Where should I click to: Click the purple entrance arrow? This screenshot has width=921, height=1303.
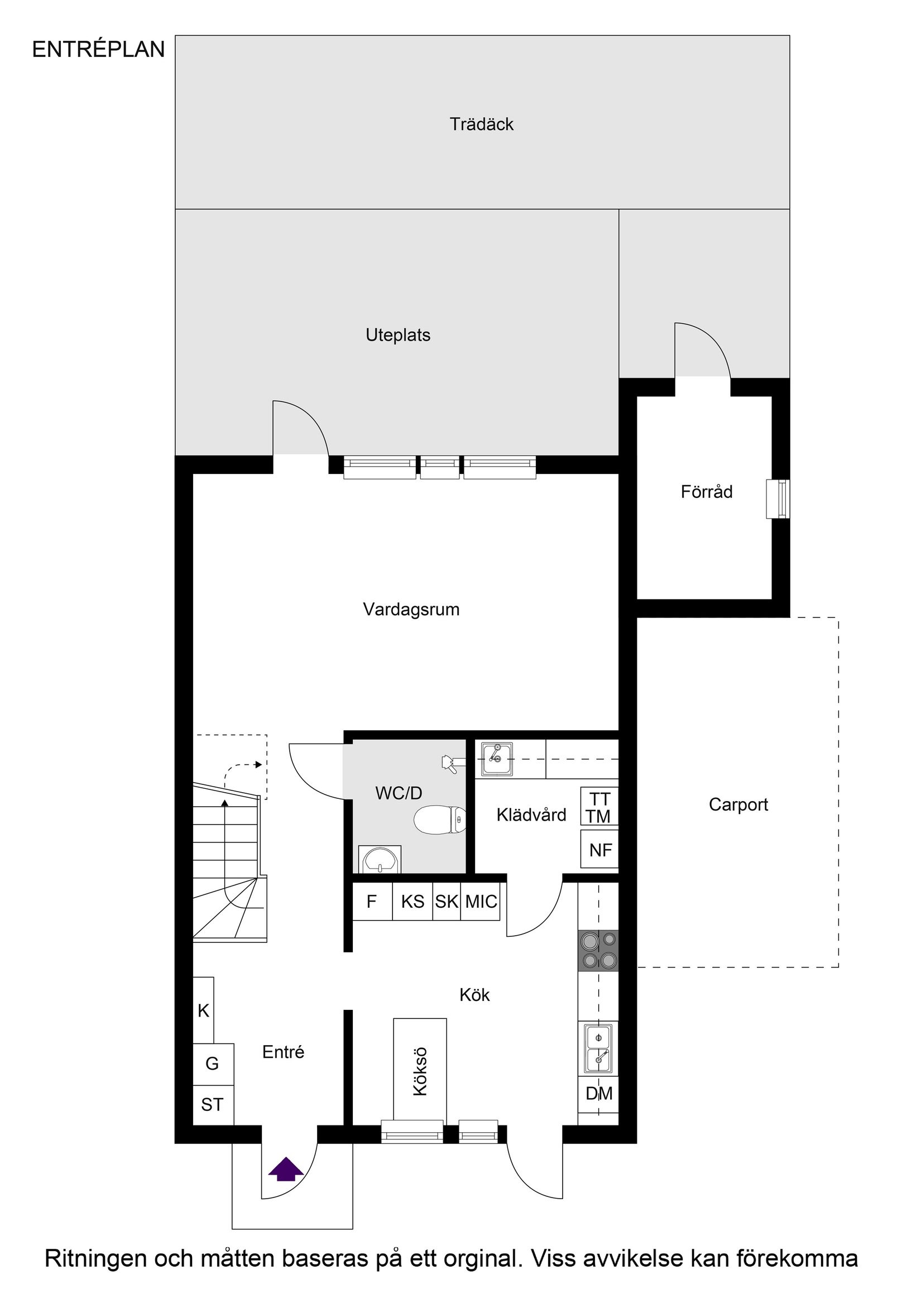285,1169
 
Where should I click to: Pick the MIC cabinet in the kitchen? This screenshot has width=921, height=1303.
481,901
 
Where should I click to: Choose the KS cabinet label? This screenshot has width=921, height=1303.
412,901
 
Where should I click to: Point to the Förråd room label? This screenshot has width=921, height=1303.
707,491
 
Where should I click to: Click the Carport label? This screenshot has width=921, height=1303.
738,804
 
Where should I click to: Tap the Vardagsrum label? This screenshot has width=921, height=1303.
411,610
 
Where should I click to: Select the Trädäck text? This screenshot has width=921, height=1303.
481,124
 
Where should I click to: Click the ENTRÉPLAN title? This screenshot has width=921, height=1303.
98,50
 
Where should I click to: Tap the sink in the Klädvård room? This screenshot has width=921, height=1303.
497,759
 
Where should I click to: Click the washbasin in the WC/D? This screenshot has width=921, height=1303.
380,859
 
